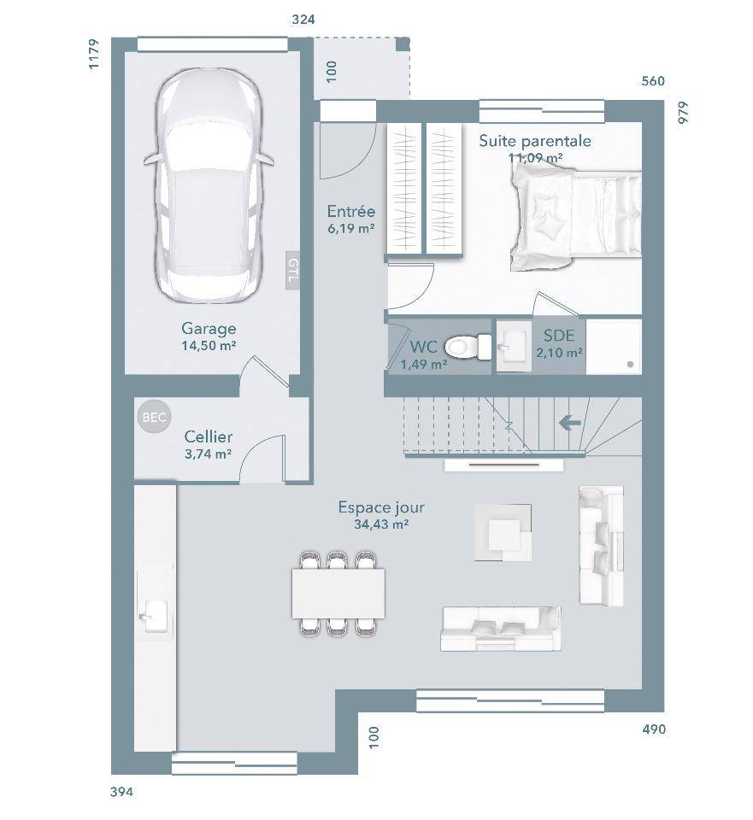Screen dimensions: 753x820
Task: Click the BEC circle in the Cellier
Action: click(155, 417)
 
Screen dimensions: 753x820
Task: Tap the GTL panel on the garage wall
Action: click(292, 270)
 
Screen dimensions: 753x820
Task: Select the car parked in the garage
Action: click(209, 186)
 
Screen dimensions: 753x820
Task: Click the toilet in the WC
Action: click(468, 347)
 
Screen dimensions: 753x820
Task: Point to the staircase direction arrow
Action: click(570, 422)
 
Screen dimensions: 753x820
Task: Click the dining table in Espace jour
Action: click(338, 594)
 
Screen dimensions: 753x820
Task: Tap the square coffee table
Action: click(503, 533)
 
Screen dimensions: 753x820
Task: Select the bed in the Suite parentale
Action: click(575, 215)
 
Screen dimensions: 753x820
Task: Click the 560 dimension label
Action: click(652, 80)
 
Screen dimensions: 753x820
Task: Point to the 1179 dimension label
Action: click(93, 54)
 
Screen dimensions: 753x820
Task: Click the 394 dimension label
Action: click(121, 792)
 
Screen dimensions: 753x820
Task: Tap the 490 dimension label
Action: click(654, 729)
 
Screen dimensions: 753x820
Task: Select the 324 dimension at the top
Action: click(303, 20)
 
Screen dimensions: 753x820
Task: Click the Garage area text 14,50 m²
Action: click(209, 345)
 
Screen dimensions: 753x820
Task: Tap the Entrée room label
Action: click(351, 211)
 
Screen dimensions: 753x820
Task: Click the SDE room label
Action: click(559, 335)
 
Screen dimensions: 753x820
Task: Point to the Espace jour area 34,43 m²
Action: click(381, 524)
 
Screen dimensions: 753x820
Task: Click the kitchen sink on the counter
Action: click(153, 616)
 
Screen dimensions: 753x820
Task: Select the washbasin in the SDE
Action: click(514, 346)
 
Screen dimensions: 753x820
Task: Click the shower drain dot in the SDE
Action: click(630, 365)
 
